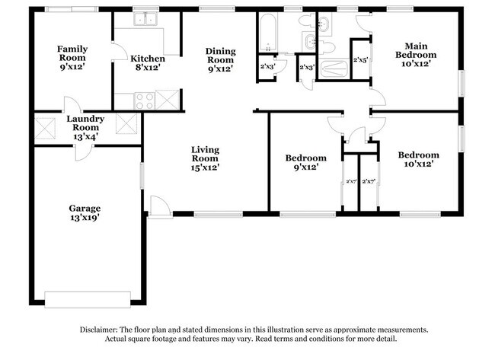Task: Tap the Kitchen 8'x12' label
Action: [x=147, y=62]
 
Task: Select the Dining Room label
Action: [x=221, y=60]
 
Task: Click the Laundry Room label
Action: [x=85, y=123]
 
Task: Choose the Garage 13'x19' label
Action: [x=85, y=212]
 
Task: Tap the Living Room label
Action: [x=206, y=158]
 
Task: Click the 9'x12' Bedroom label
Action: [x=306, y=162]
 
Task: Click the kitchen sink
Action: [x=145, y=21]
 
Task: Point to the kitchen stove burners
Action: [x=144, y=98]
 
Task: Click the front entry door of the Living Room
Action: [x=159, y=206]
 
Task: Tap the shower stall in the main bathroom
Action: [x=332, y=69]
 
